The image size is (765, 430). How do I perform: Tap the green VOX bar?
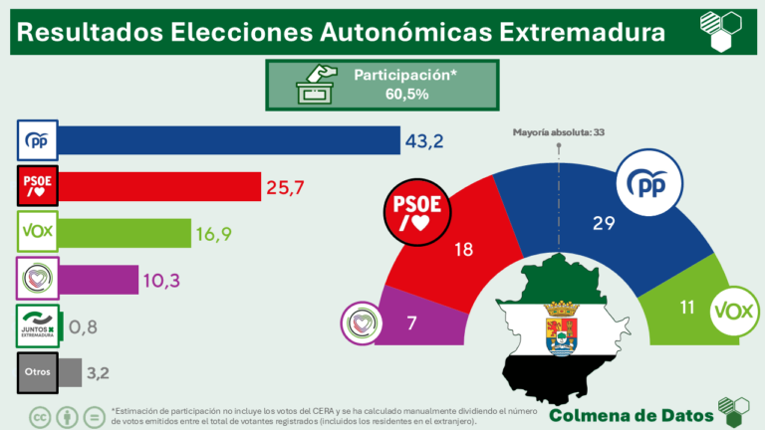click(x=126, y=233)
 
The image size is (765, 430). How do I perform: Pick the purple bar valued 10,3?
click(x=99, y=280)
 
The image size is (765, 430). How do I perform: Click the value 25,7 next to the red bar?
click(x=286, y=187)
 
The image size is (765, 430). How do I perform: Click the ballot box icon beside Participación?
click(x=318, y=86)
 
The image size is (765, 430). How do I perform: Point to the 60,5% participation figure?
click(x=406, y=95)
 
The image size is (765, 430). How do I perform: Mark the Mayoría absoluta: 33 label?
click(x=559, y=131)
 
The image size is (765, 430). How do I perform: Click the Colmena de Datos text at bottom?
click(x=631, y=414)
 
